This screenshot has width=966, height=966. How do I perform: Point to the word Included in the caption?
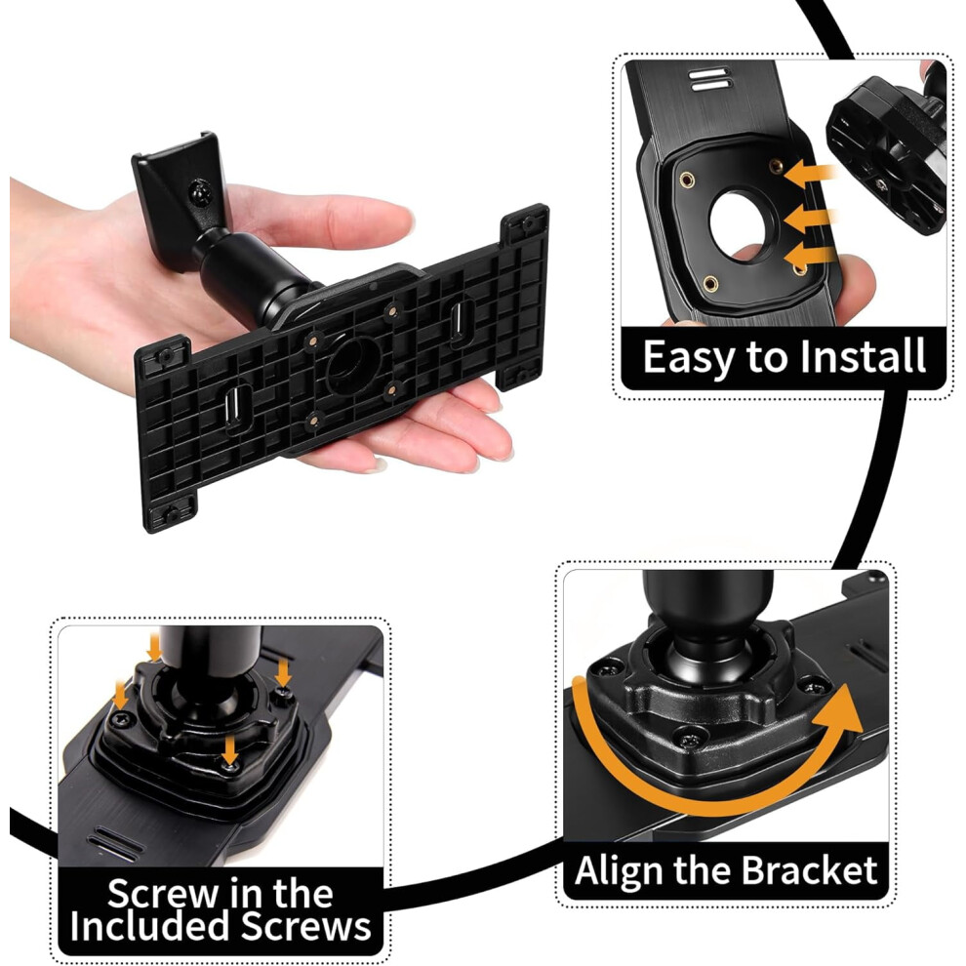(x=151, y=925)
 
